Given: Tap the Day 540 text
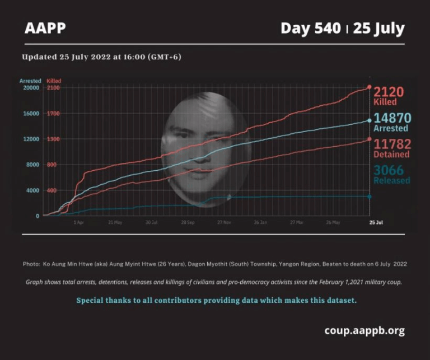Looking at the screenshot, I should pos(310,28).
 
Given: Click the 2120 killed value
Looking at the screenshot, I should pos(389,92).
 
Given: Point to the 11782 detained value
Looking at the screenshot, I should pos(391,144).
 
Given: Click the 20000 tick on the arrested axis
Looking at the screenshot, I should pos(30,88).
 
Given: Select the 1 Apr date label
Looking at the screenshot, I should pos(79,222).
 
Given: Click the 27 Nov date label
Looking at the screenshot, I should pos(223,222).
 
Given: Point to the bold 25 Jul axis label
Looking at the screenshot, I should pos(376,222).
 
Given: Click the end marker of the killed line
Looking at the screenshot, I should pos(370,87).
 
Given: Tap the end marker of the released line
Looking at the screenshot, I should pos(370,196).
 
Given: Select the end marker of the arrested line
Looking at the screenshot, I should pos(370,120).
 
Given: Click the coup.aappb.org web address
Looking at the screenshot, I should pos(364,330).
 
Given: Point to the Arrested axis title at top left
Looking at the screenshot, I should pos(30,81).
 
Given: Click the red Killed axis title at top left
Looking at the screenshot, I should pos(54,81).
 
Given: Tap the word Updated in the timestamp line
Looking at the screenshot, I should pos(39,57).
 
